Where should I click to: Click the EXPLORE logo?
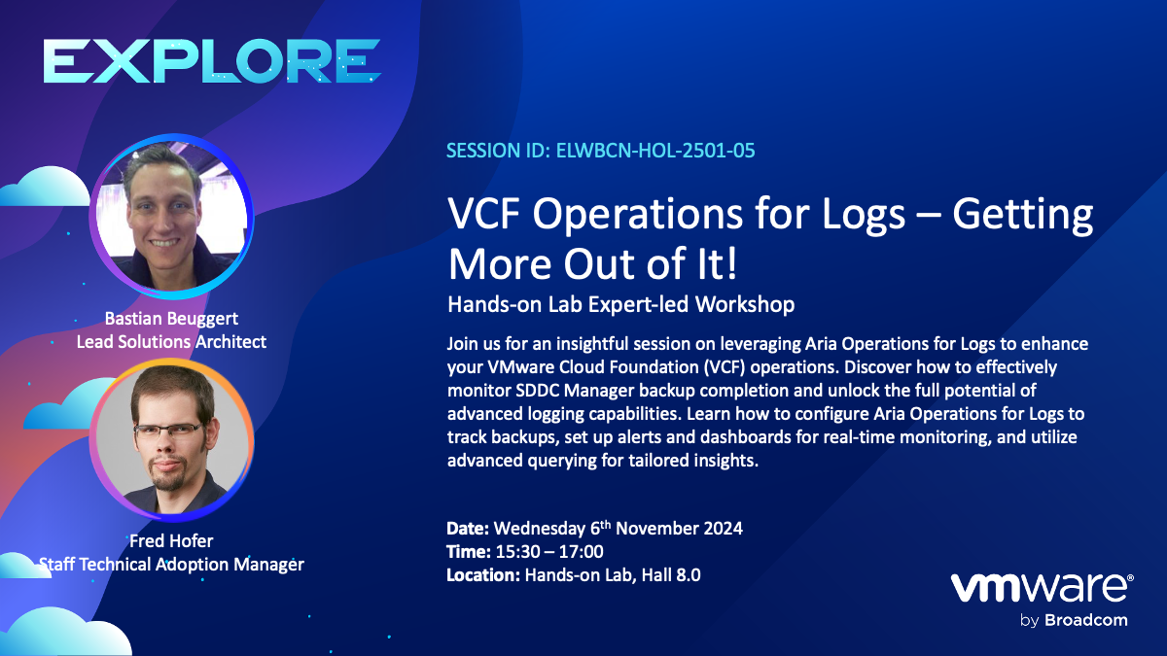coord(212,61)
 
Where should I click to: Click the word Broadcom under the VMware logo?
coord(1086,620)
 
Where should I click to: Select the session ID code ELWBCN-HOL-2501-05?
coord(655,151)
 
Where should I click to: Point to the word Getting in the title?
coord(1023,214)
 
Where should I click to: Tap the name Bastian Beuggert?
coord(171,318)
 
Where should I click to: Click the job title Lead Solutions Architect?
coord(171,341)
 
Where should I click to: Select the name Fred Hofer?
coord(171,541)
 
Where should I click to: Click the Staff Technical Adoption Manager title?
coord(171,565)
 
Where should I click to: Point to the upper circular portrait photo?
coord(171,216)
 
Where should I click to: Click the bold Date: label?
coord(468,529)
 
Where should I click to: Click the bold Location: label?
coord(483,574)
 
